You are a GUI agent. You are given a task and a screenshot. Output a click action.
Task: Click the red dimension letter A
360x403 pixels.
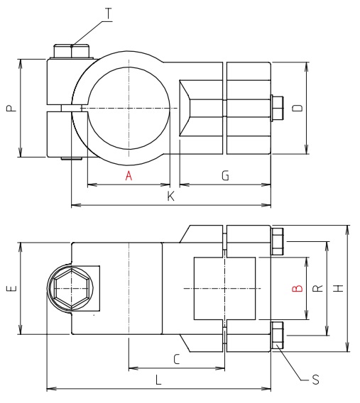[x=129, y=177]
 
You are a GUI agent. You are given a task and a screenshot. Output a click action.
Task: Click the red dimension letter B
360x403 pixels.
[x=298, y=289]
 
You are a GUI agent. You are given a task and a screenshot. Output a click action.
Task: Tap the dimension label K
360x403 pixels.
[x=170, y=197]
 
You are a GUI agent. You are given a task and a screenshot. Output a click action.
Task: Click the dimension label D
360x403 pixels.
[x=298, y=108]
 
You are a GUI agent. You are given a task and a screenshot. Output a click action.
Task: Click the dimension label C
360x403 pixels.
[x=176, y=360]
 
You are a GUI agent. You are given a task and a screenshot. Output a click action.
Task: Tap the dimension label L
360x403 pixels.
[x=158, y=380]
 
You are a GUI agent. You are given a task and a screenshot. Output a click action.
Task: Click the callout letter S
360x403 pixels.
[x=316, y=380]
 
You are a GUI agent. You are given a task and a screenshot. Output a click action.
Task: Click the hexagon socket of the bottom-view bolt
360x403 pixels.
[x=70, y=289]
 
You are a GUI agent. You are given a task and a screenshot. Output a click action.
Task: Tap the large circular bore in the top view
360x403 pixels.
[x=129, y=109]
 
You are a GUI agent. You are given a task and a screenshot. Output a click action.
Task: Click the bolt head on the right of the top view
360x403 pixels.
[x=278, y=109]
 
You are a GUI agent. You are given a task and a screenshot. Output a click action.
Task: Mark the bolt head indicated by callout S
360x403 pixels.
[x=278, y=335]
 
